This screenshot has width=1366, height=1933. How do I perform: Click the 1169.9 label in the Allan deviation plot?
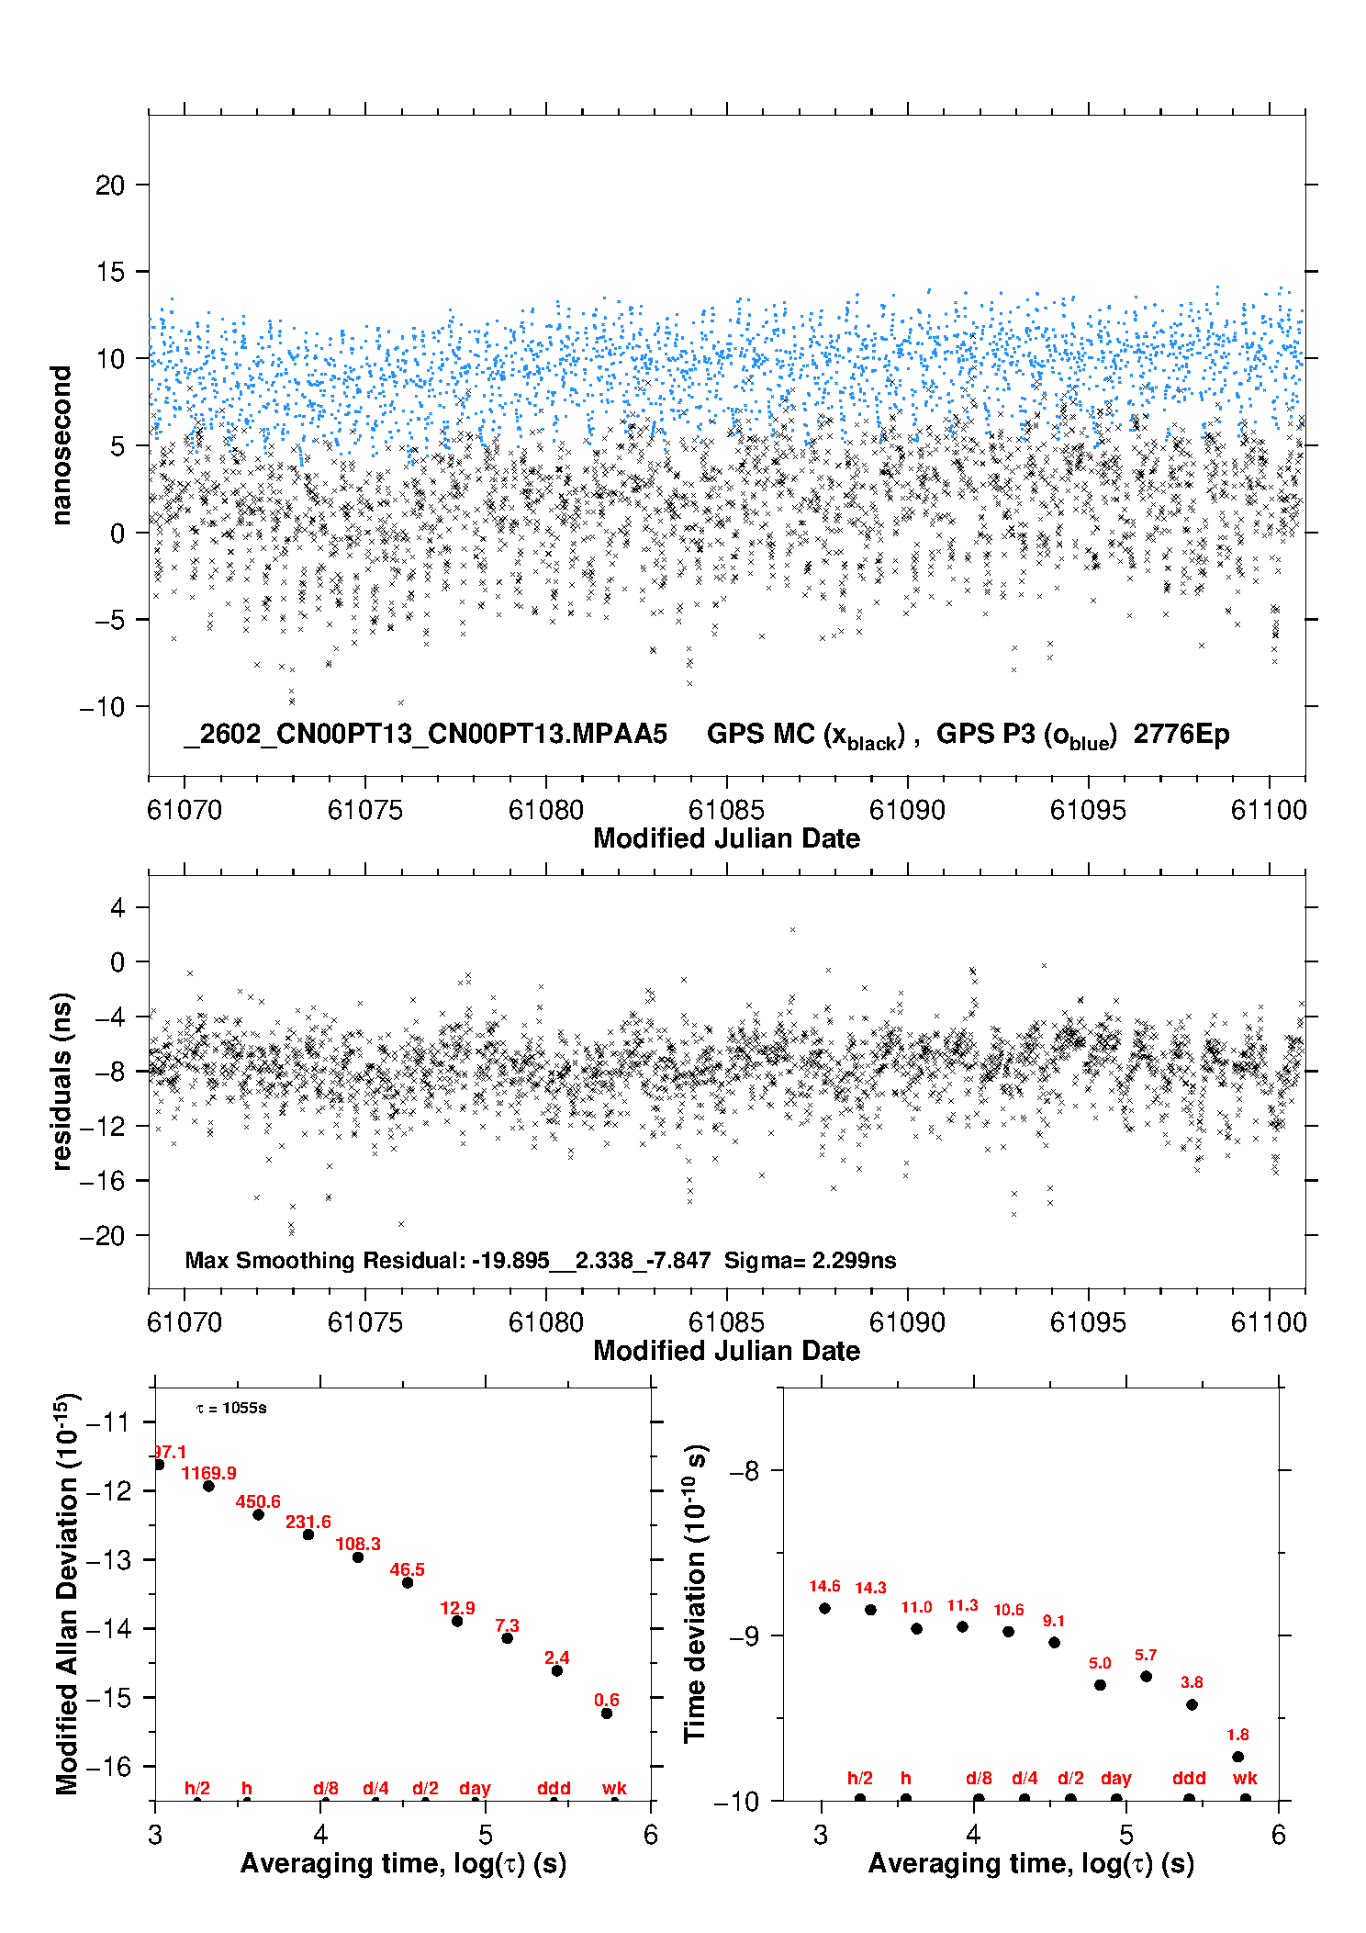click(208, 1473)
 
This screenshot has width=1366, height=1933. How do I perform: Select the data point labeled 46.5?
click(408, 1582)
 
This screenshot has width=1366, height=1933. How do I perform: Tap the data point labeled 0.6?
click(607, 1714)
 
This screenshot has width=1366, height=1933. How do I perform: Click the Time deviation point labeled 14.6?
click(824, 1608)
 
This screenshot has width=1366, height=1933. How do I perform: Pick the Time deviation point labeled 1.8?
click(1237, 1757)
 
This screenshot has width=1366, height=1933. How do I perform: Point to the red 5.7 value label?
click(1146, 1655)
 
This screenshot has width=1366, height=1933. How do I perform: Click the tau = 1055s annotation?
click(231, 1409)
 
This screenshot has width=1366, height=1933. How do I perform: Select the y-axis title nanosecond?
click(62, 445)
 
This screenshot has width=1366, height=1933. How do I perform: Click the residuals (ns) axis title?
click(62, 1081)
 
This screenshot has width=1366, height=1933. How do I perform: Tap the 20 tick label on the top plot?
click(110, 185)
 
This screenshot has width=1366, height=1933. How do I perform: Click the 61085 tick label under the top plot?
click(726, 810)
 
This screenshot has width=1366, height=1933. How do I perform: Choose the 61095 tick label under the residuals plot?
click(1088, 1322)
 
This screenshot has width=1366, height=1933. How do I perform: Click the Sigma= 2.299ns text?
click(810, 1260)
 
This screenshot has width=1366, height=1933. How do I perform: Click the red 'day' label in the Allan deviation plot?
click(475, 1788)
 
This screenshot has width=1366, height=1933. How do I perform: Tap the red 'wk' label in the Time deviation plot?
click(1245, 1778)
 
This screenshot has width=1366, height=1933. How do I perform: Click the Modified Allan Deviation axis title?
click(67, 1594)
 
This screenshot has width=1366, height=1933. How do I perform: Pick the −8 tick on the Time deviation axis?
click(744, 1471)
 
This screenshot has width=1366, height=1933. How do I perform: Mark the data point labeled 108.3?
click(358, 1557)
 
